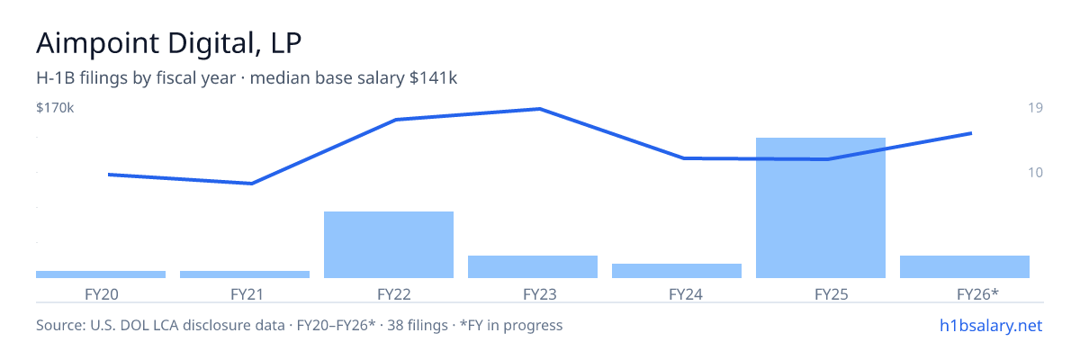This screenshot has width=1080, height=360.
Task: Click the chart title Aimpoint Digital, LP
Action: (x=169, y=43)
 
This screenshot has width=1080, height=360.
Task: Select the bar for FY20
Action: (x=101, y=274)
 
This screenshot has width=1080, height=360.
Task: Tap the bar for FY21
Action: (x=245, y=274)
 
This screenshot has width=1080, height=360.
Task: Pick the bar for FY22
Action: (x=389, y=245)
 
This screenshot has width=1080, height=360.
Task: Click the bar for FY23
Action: (x=533, y=267)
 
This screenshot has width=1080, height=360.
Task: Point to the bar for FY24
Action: (x=677, y=271)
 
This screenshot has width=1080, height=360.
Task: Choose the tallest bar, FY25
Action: (x=821, y=208)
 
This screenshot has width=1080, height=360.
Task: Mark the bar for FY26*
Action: (x=965, y=267)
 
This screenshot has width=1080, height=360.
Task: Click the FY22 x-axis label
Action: (x=394, y=294)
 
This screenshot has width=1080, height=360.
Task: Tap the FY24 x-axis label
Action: (x=686, y=294)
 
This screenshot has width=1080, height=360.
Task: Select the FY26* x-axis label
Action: (x=977, y=294)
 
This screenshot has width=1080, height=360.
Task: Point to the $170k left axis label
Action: (x=55, y=108)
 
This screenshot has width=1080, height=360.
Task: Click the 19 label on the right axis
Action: (x=1035, y=107)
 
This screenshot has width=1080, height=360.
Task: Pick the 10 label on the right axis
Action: (x=1035, y=173)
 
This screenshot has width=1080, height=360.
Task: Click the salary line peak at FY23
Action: (x=540, y=109)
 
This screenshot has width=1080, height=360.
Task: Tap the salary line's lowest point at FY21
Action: (x=252, y=183)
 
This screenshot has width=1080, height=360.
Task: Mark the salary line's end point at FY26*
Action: (x=971, y=133)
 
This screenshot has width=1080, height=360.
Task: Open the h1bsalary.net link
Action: (x=991, y=325)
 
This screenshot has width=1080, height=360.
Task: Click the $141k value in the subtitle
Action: (x=433, y=77)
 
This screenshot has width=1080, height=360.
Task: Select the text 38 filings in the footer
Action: (x=418, y=325)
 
